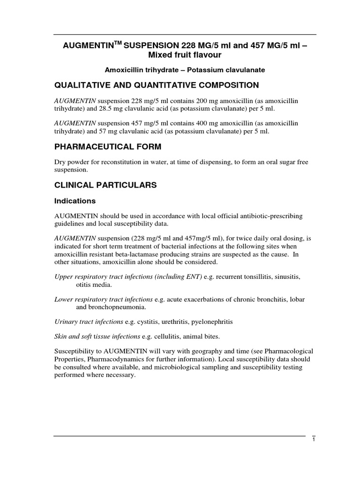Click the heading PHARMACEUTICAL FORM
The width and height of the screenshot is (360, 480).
click(108, 147)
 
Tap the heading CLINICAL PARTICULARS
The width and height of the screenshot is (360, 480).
click(105, 185)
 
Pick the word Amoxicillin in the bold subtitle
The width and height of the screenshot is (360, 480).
click(124, 70)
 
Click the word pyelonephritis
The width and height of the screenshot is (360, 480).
click(207, 322)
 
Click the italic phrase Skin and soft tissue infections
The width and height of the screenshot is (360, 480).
click(97, 336)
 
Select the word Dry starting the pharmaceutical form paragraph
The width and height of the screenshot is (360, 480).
click(60, 162)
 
